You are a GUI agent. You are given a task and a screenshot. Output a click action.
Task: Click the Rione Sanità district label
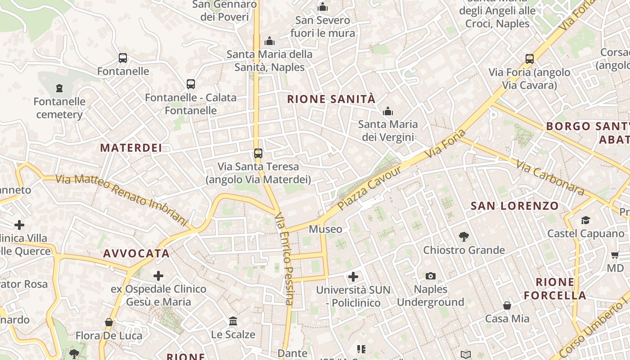pos(331,99)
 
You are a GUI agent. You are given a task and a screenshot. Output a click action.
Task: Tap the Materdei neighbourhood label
pos(130,148)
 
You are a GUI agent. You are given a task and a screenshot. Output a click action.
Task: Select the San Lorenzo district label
pos(515,206)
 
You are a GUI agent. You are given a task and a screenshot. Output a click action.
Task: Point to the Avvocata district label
pos(136,253)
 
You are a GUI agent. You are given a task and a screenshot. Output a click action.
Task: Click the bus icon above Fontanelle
pos(123,58)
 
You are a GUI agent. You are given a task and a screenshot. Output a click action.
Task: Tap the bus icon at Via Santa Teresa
pos(258,153)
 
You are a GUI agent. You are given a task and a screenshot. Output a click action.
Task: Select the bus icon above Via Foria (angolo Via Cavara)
pos(530,59)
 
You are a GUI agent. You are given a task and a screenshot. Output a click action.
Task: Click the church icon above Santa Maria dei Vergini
pos(387,111)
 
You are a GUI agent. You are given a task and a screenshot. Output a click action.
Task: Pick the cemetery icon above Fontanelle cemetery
pos(59,88)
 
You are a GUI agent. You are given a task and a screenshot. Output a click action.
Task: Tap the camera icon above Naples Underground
pos(431,276)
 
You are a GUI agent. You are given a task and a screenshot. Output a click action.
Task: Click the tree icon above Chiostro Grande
pos(463,236)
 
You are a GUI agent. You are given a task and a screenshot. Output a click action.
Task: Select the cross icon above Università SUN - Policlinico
pos(353,276)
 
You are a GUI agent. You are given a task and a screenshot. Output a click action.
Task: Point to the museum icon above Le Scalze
pos(233,321)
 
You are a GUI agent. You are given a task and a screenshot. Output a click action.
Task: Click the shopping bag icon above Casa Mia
pos(507,306)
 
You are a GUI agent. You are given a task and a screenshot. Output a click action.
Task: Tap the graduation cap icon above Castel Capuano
pos(585,220)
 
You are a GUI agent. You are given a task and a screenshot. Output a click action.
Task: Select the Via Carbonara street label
pos(550,178)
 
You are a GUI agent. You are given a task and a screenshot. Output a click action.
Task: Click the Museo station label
pos(325,229)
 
